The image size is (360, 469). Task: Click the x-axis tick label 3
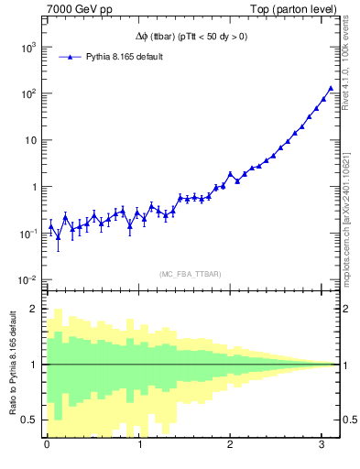point(322,446)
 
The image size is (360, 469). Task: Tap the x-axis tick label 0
point(47,446)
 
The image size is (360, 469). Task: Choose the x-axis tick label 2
point(230,446)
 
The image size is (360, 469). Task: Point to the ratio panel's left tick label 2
point(33,309)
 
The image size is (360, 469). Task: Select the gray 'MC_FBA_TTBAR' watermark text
point(190,274)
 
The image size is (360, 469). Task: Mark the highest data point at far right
point(331,89)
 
